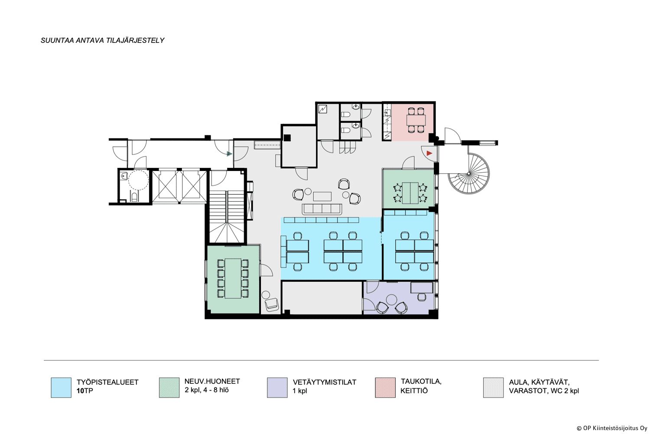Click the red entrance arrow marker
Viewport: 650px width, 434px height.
point(429,153)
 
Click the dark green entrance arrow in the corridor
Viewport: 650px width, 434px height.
point(229,154)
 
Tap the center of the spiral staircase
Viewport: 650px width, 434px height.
point(468,174)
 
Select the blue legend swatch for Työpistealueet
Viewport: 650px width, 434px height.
point(61,388)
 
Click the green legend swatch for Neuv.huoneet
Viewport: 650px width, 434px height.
point(169,388)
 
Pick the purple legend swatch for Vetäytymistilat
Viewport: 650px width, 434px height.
point(277,388)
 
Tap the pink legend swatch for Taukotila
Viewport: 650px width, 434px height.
point(385,388)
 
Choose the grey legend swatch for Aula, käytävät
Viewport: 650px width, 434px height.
point(493,388)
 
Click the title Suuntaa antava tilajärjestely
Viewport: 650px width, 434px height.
point(102,40)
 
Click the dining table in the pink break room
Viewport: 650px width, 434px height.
point(416,120)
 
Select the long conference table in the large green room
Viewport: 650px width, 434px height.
point(233,278)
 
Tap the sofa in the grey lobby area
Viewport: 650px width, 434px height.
point(322,209)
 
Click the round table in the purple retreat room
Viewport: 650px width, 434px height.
point(392,299)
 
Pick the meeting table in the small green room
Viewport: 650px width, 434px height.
point(410,192)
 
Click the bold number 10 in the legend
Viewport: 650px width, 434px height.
point(80,391)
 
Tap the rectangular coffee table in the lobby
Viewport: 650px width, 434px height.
point(322,196)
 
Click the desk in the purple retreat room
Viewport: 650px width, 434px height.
point(421,288)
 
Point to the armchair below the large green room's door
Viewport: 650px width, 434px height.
point(272,305)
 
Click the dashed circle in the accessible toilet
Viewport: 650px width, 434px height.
point(138,180)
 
